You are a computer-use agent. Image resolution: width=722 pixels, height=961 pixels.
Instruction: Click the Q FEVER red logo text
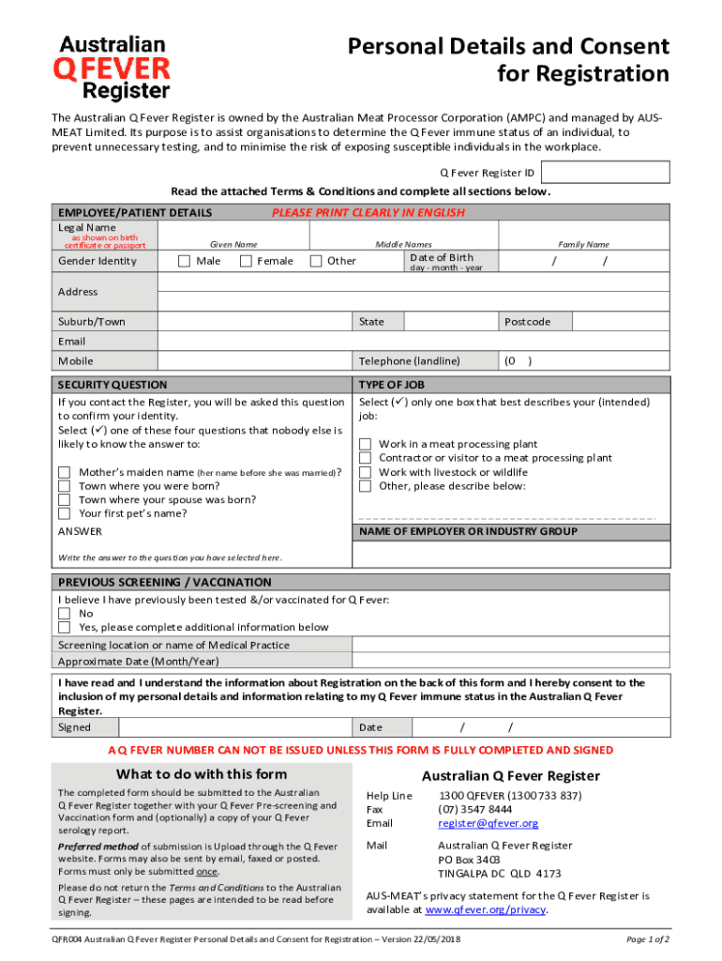pos(113,68)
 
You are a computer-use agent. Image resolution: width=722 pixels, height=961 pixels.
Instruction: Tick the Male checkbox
pos(185,261)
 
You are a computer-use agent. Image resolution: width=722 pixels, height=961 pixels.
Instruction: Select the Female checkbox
pos(246,261)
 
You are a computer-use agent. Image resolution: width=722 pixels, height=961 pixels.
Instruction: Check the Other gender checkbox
pos(316,261)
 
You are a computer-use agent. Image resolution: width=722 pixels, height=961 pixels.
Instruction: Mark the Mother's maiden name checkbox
pos(65,472)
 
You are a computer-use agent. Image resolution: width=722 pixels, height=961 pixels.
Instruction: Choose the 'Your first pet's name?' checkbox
pos(65,513)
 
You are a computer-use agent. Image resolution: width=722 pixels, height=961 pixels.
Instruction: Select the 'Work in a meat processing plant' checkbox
pos(366,444)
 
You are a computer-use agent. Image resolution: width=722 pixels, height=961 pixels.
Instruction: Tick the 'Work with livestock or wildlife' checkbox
pos(366,472)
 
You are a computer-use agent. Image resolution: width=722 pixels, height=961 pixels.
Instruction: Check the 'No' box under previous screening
pos(65,614)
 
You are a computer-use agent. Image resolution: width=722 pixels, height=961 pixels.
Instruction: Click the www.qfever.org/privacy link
pos(485,909)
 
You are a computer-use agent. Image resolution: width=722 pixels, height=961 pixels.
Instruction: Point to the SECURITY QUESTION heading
pos(113,385)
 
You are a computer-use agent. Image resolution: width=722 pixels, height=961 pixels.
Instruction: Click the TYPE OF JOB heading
pos(391,385)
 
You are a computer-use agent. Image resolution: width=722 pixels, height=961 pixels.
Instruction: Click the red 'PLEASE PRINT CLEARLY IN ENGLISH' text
pos(368,212)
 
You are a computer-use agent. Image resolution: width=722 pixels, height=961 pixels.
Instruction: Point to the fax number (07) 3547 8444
pos(474,809)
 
